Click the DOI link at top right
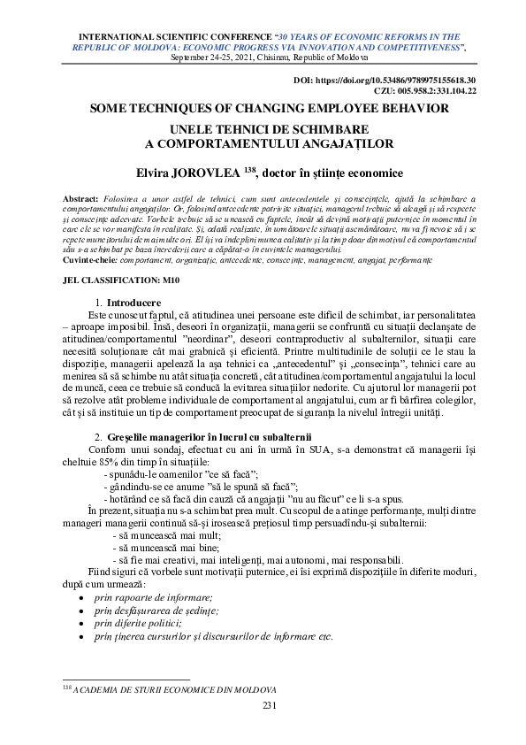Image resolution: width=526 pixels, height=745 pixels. (x=385, y=81)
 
